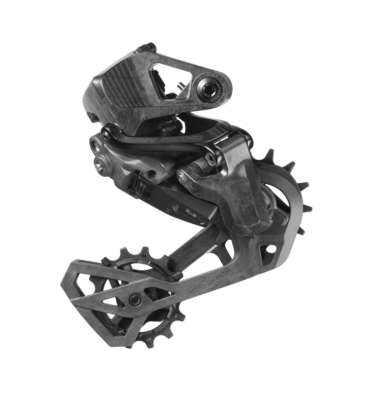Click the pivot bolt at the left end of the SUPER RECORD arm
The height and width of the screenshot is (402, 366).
click(x=106, y=135)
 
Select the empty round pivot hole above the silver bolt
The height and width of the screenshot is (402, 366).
click(x=95, y=146)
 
